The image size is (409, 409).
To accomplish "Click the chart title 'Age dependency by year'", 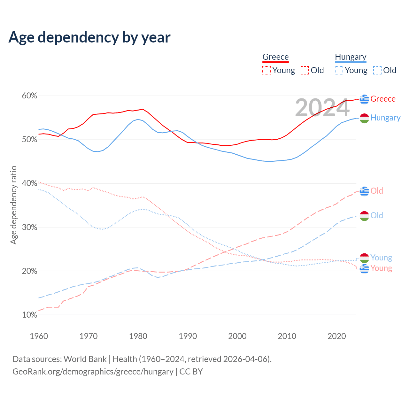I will (89, 37).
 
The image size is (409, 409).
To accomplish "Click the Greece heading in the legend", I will (275, 57).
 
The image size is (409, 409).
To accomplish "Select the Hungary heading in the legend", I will (351, 57).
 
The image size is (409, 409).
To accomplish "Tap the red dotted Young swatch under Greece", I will (266, 70).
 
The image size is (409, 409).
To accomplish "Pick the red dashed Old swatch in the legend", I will (305, 70).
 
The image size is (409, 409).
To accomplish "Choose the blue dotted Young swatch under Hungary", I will (339, 70).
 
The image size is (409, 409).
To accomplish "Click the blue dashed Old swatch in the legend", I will (377, 70).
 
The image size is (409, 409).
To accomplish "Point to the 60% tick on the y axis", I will (30, 96).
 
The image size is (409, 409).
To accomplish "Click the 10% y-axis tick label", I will (30, 315).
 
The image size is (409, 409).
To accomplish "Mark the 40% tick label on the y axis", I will (30, 183).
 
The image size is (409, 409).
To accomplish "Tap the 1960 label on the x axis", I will (39, 336).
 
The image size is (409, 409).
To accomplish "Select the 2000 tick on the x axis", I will (237, 336).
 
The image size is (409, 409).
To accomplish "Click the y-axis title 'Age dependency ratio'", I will (13, 205).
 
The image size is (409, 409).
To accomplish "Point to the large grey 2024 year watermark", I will (322, 108).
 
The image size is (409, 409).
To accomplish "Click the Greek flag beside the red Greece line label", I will (364, 99).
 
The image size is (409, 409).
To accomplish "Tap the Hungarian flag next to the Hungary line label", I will (364, 118).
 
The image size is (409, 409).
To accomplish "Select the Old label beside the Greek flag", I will (377, 191).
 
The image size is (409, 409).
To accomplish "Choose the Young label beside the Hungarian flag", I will (381, 258).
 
